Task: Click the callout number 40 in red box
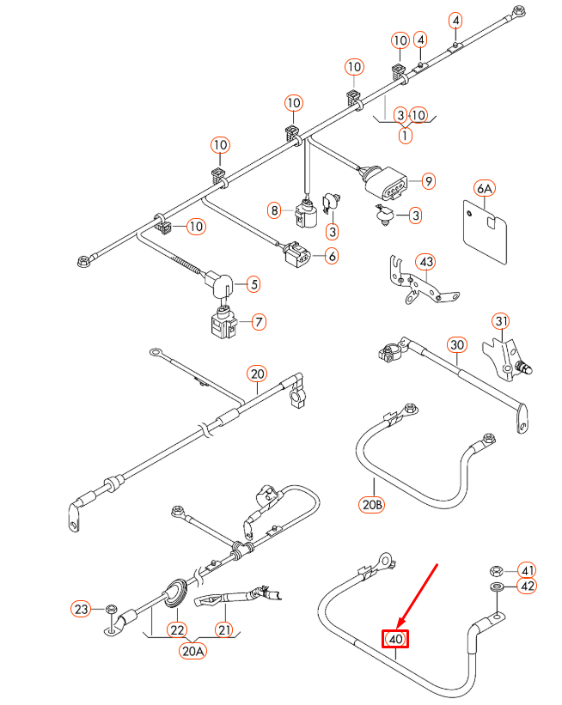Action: pos(395,640)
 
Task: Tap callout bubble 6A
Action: pos(484,188)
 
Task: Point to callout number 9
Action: pos(427,181)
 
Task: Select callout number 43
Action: pos(426,261)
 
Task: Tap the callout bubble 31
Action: pos(501,321)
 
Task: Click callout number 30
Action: pos(456,344)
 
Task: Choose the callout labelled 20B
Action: pos(373,504)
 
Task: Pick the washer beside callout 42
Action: pos(496,586)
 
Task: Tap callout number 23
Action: pos(80,610)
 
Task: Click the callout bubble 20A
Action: pos(193,651)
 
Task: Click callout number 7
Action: pos(256,322)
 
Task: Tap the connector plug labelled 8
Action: pos(304,212)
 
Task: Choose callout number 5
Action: pos(253,283)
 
